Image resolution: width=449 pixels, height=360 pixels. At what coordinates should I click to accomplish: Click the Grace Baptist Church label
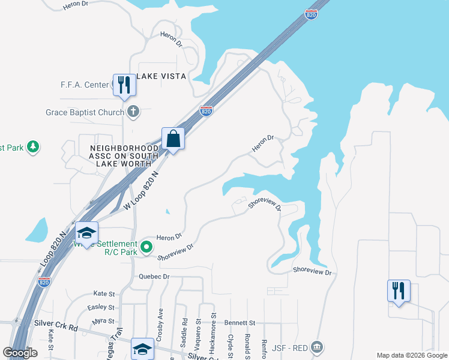pyautogui.click(x=85, y=112)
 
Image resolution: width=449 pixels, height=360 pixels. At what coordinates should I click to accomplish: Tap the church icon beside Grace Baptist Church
pyautogui.click(x=133, y=112)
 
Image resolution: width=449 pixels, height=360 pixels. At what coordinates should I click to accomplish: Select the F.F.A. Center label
pyautogui.click(x=84, y=85)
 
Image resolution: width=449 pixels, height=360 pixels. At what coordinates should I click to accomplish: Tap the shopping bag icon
pyautogui.click(x=173, y=139)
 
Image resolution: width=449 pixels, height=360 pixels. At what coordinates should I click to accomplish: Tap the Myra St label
pyautogui.click(x=103, y=322)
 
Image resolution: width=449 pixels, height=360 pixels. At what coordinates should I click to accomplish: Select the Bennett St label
pyautogui.click(x=240, y=323)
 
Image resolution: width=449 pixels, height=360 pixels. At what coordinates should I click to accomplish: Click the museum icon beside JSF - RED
pyautogui.click(x=318, y=346)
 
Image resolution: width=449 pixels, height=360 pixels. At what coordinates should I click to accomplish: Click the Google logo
pyautogui.click(x=20, y=353)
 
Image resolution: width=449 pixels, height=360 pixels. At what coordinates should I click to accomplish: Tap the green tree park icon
pyautogui.click(x=33, y=146)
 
